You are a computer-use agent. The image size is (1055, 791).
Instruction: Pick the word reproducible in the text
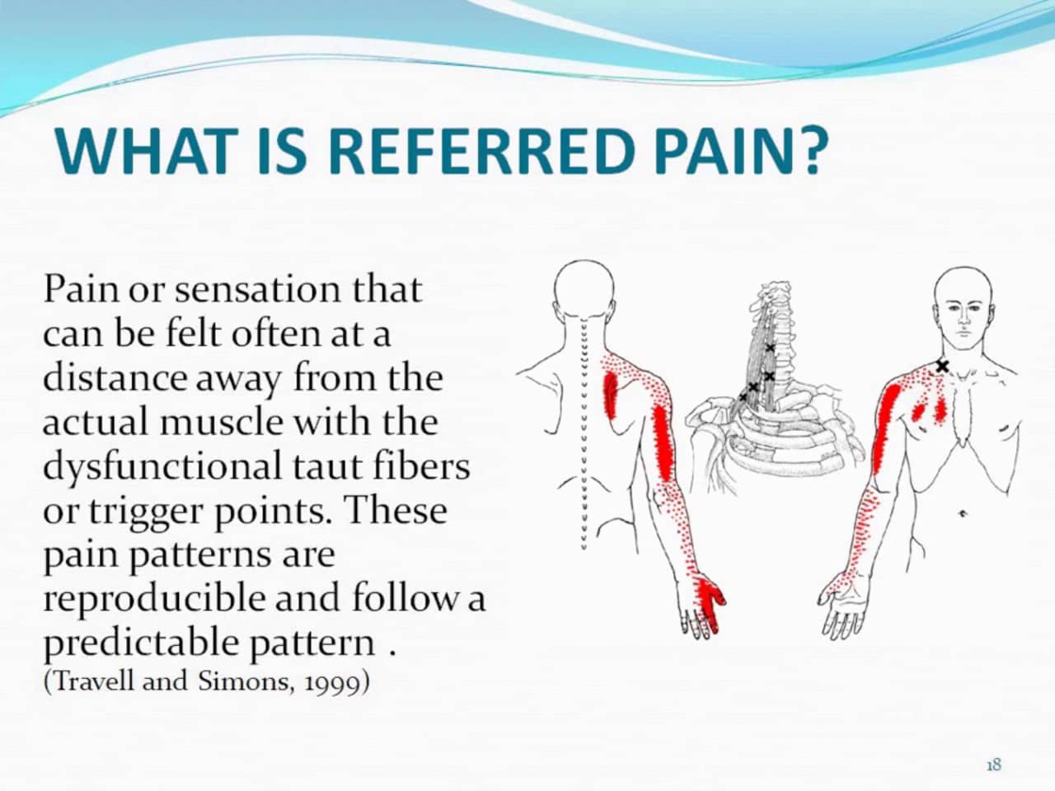point(154,598)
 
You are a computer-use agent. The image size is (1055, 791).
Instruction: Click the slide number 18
point(993,765)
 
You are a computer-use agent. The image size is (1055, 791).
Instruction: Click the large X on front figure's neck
point(942,366)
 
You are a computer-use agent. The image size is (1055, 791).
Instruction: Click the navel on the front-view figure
point(962,514)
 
